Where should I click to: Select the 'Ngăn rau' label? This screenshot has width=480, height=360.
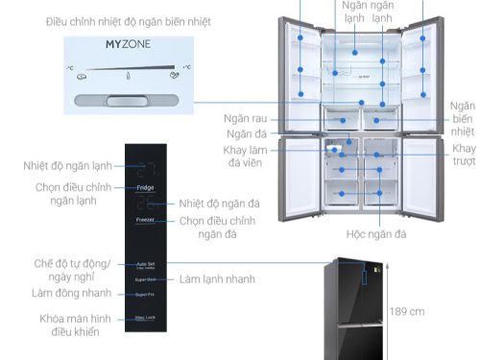(x=233, y=118)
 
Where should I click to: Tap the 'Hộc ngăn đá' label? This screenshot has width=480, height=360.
(x=376, y=233)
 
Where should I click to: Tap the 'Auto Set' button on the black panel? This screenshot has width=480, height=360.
(x=146, y=262)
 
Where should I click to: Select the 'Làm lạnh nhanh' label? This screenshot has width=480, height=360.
(x=216, y=278)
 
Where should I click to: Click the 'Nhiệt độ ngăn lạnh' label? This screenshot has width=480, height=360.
(x=68, y=165)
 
